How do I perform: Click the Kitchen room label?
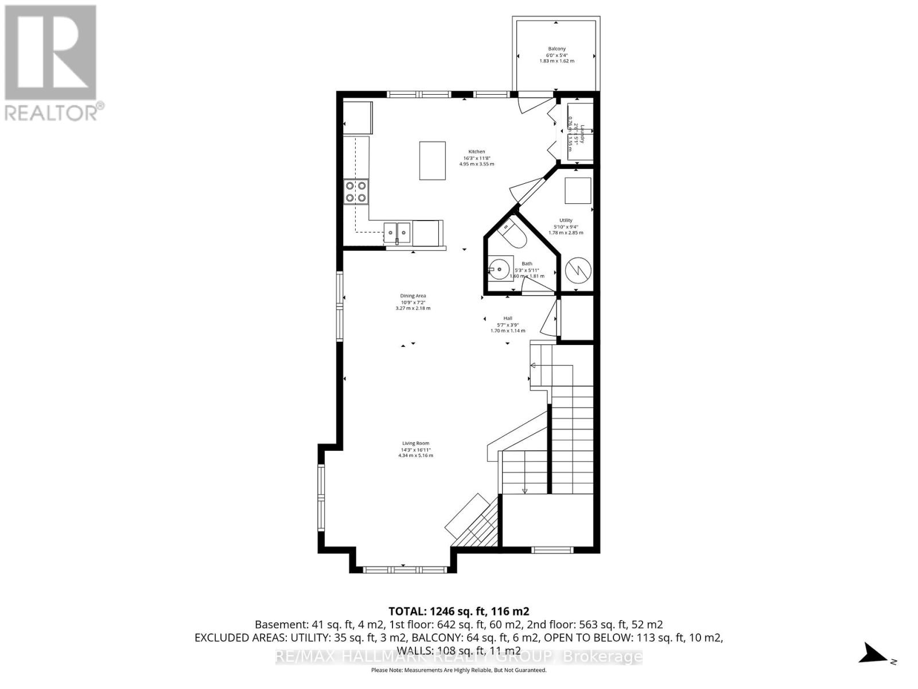coord(476,152)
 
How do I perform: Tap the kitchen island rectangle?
coord(433,161)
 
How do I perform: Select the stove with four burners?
coord(356,191)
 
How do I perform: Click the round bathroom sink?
coord(497,269)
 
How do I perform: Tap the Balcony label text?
coord(557,49)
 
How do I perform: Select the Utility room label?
coord(566,220)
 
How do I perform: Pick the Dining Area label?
coord(413,296)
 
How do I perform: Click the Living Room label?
coord(415,443)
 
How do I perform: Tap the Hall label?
coord(508,319)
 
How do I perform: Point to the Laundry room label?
coord(582,133)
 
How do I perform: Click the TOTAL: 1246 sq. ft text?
coord(458,611)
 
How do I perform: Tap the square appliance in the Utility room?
coord(577,191)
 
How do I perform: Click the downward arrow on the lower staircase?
coord(524,490)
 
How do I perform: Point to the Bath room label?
coord(527,264)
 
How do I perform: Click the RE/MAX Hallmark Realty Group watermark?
coord(458,656)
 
